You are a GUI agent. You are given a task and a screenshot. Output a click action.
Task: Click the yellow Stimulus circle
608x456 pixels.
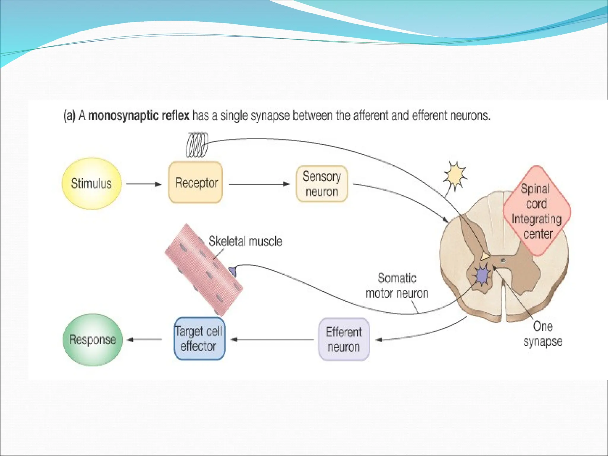[91, 183]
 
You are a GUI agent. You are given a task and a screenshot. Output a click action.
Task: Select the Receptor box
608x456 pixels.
[196, 182]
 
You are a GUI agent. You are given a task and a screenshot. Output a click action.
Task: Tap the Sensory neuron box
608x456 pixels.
[322, 184]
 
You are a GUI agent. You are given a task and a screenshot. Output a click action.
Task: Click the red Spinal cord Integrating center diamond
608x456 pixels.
[537, 211]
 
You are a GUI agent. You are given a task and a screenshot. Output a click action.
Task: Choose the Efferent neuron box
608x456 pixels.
[344, 339]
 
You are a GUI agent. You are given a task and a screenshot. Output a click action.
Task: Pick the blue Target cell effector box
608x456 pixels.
[199, 339]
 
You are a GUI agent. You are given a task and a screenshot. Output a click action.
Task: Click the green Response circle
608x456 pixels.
[92, 340]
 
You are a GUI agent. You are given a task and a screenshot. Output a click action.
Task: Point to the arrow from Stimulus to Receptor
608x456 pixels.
[144, 184]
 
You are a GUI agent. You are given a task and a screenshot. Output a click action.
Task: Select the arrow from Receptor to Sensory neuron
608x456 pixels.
[259, 184]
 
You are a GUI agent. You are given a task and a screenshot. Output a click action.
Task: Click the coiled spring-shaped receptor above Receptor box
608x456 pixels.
[197, 145]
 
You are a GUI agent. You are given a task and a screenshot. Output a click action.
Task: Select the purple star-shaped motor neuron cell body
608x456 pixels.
[482, 276]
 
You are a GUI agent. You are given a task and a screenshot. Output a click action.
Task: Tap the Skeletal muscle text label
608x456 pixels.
[245, 241]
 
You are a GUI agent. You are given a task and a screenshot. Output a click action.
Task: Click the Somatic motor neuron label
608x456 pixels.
[397, 286]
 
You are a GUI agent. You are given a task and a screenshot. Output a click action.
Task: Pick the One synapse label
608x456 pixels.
[543, 334]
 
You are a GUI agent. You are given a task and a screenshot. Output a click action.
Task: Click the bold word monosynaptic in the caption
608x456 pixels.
[139, 115]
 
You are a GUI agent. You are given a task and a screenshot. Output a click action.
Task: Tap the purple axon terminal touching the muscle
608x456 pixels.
[232, 271]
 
